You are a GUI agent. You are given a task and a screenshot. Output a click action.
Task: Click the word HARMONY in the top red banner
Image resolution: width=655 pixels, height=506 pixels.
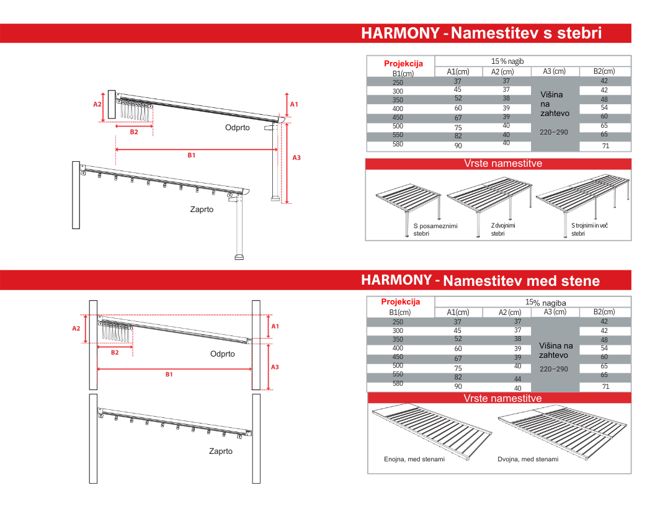tap(400, 33)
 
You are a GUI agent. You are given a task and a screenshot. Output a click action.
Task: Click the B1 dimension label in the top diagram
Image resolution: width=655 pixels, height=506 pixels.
tap(192, 155)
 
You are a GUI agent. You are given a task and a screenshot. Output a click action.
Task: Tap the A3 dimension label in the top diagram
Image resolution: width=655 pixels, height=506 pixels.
tap(296, 158)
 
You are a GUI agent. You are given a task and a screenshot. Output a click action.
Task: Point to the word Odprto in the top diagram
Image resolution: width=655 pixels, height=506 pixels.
tap(237, 127)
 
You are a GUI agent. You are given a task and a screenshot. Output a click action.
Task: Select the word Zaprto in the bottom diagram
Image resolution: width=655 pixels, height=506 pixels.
tap(220, 451)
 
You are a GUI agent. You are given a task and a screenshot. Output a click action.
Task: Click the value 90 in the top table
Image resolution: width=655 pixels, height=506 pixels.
tap(458, 146)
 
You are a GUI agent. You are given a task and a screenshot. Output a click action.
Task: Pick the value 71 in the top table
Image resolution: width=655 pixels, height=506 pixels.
tap(605, 146)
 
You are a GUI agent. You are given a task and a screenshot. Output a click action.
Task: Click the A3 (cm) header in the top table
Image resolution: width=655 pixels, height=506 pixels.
tap(554, 72)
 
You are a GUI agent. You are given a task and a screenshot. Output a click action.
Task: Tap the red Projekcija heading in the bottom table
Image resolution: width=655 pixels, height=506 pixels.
tap(400, 302)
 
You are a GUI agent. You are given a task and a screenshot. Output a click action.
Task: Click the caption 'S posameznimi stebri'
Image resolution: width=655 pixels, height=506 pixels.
tap(435, 229)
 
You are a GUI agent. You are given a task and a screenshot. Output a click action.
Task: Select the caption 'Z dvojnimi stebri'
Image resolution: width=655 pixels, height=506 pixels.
tap(503, 229)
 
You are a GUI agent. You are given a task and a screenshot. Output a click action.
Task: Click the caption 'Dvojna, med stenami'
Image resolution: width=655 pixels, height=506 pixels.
tap(528, 459)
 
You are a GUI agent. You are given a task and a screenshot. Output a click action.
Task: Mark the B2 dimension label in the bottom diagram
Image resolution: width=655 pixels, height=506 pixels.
tap(115, 352)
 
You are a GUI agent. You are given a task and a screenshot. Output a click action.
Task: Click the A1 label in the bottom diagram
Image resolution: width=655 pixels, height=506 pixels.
tap(275, 326)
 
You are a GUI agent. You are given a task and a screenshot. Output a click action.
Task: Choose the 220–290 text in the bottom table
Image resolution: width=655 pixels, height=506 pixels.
tap(553, 369)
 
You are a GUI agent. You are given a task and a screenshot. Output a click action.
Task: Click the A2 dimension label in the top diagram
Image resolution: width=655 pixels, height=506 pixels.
tap(97, 104)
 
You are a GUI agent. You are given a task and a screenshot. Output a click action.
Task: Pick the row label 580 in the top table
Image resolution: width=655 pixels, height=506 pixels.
tap(398, 144)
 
